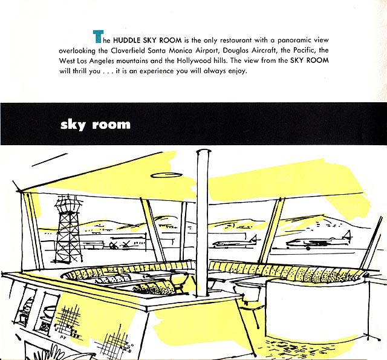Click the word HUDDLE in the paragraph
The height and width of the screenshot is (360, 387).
(x=126, y=41)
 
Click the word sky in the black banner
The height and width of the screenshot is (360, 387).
(x=73, y=125)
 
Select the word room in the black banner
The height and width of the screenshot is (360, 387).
(x=111, y=125)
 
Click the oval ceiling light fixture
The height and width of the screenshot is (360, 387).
(x=166, y=175)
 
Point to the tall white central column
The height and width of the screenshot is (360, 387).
(x=203, y=223)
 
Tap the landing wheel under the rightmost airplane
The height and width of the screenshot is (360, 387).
(x=308, y=248)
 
